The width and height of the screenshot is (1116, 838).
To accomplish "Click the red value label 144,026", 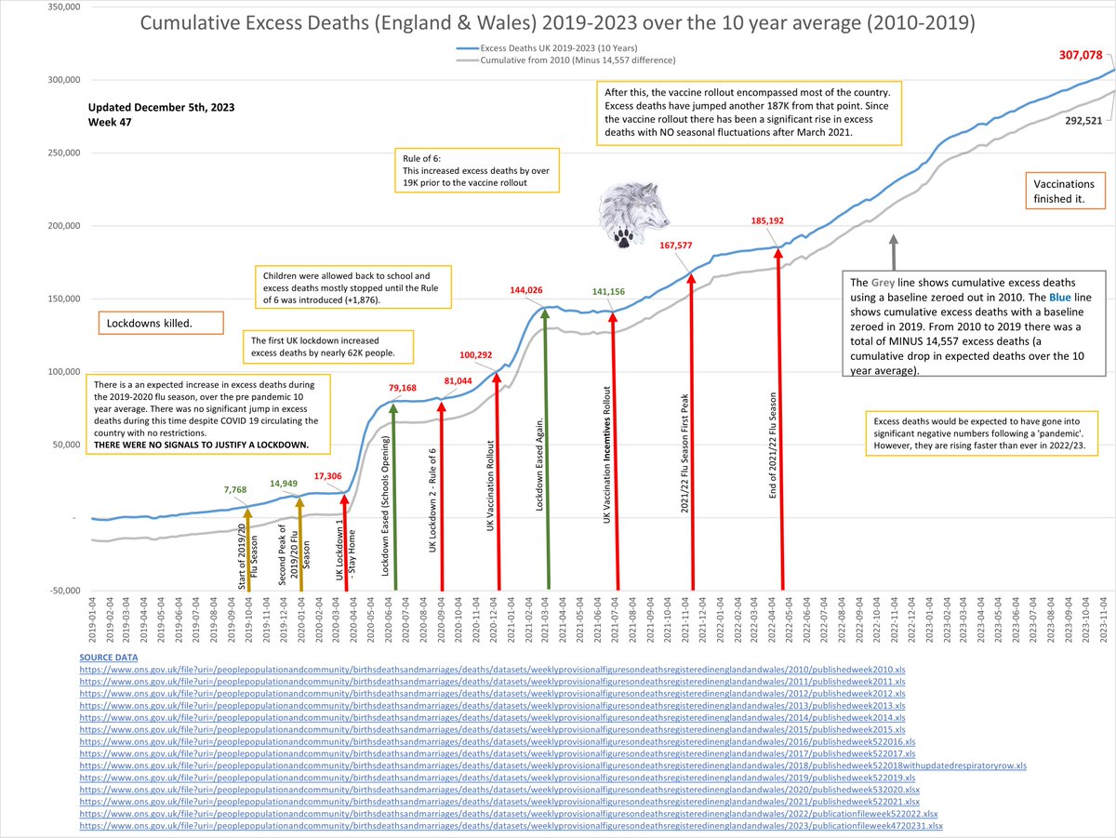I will [x=532, y=290].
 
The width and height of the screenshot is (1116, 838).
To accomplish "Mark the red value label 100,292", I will [x=485, y=355].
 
